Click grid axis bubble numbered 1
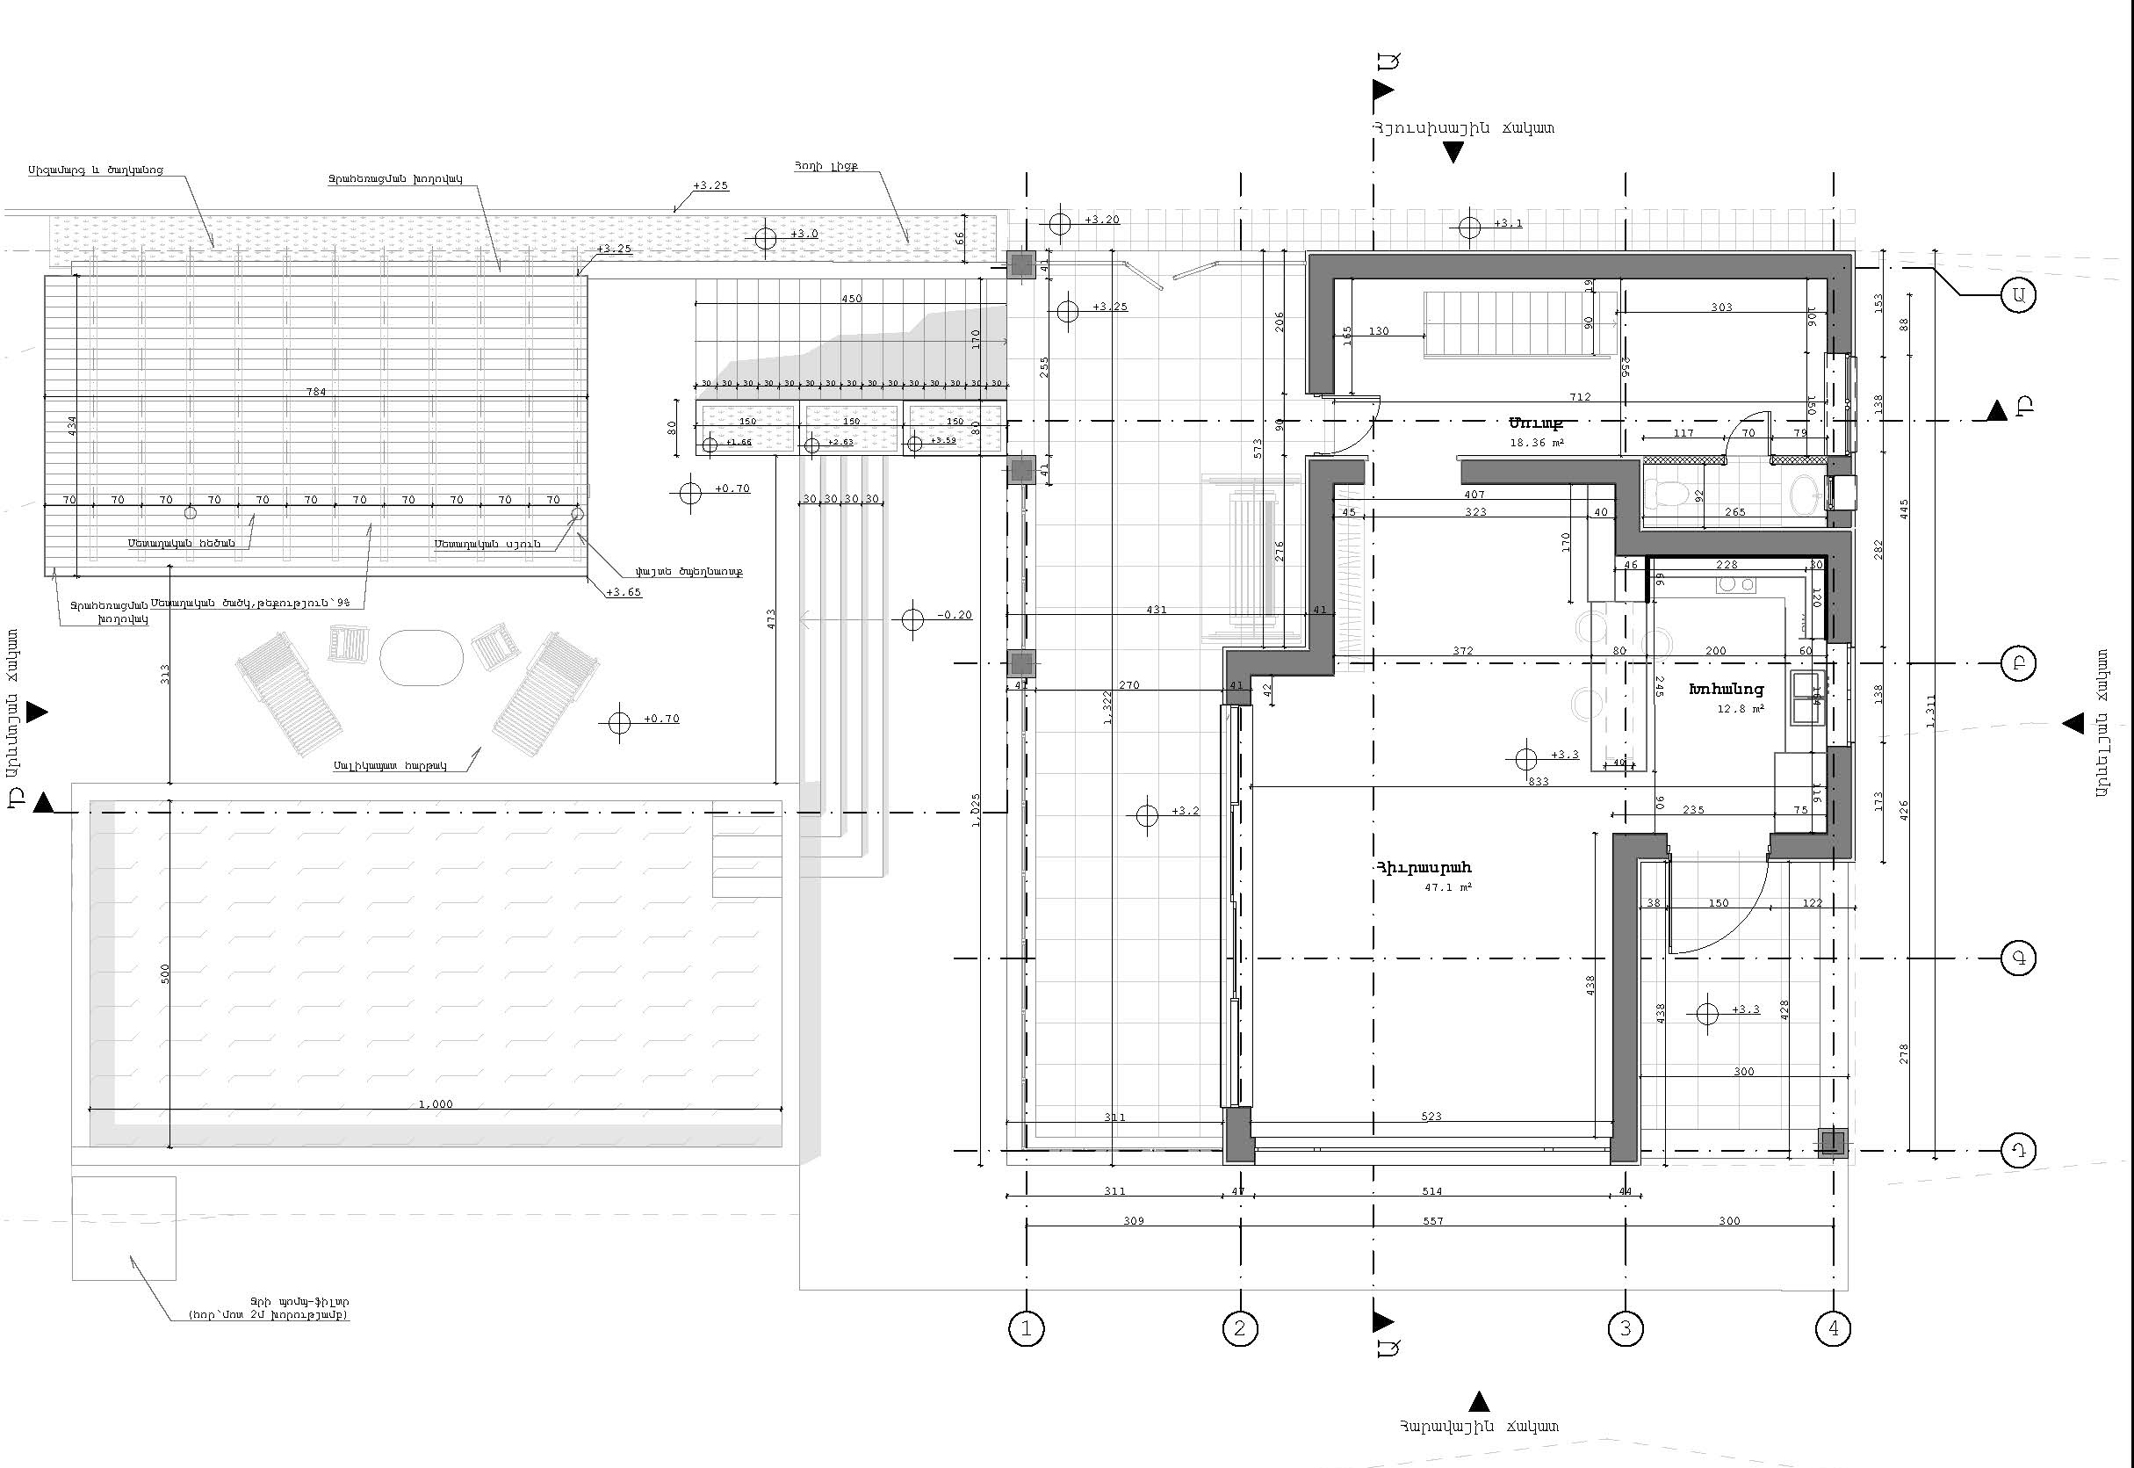pos(1026,1328)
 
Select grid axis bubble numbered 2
pos(1239,1328)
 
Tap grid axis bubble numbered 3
pos(1625,1328)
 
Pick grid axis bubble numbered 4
pos(1834,1328)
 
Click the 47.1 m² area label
pos(1448,887)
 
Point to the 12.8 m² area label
pos(1740,709)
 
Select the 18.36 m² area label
pos(1536,443)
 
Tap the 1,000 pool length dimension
pos(435,1103)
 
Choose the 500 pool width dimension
pos(165,973)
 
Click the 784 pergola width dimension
pos(316,392)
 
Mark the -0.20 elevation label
pos(955,615)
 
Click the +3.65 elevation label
pos(624,592)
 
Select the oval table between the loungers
pos(422,657)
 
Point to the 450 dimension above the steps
pos(851,298)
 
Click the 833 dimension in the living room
pos(1539,781)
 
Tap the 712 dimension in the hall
pos(1580,397)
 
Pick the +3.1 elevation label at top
pos(1508,223)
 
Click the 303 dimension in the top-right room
pos(1721,307)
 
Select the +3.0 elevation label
pos(804,234)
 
